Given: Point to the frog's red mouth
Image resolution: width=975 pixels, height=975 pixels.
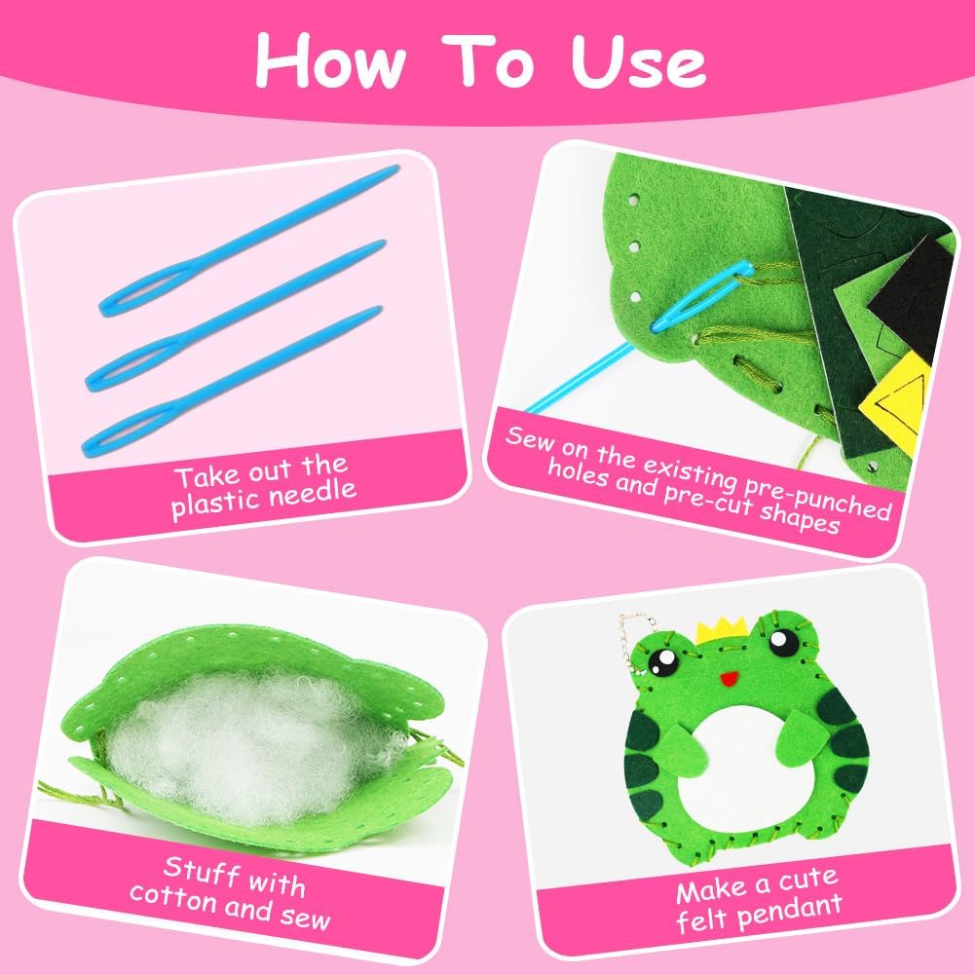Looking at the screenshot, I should [725, 676].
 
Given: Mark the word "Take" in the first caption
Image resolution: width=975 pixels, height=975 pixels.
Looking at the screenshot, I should [208, 476].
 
